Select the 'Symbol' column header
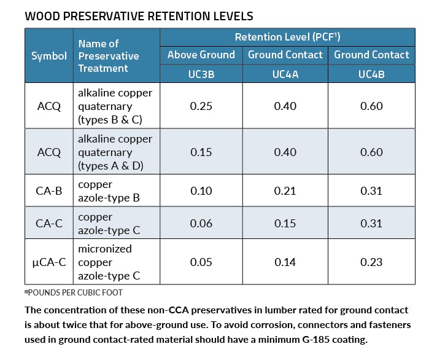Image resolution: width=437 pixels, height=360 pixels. pos(49,56)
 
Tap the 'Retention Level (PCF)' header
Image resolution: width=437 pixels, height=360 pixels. pos(287,37)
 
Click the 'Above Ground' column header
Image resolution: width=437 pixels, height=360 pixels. pos(201,55)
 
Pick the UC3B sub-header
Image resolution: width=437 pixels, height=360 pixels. pos(201,74)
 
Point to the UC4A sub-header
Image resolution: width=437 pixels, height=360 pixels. pos(285,74)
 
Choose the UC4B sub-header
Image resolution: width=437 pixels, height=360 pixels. pos(371,74)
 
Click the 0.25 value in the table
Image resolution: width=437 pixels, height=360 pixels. pos(201,106)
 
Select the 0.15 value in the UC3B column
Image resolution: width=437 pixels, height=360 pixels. pos(201,152)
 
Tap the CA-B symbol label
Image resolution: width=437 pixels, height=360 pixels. pos(49,191)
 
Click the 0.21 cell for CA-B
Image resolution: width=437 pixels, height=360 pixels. pos(285,191)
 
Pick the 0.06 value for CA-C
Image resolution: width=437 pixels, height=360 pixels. pos(201,224)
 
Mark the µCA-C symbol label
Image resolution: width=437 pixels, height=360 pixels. pos(49,262)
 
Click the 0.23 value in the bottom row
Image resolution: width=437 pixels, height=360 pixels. pos(371,262)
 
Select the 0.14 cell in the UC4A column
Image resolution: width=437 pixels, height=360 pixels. pos(285,262)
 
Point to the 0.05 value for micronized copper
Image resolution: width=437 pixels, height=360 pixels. pos(201,262)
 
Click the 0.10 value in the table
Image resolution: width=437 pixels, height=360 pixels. pos(201,191)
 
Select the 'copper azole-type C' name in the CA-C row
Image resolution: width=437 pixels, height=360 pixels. pos(109,224)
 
